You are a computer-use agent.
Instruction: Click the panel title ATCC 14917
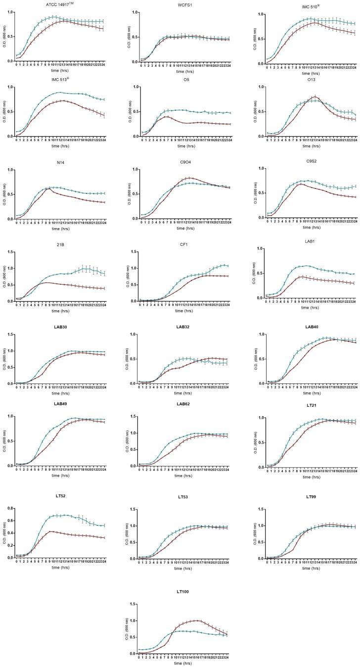point(61,4)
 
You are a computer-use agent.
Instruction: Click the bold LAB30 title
point(61,328)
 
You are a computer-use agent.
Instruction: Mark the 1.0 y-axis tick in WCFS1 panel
point(133,12)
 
